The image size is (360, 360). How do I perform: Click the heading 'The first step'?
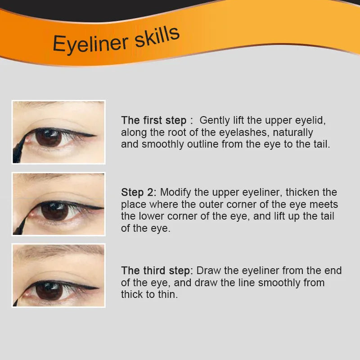pos(153,121)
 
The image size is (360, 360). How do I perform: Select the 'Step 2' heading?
pos(138,193)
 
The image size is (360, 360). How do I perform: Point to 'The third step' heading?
pos(157,271)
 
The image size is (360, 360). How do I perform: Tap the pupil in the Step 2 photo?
pos(54,211)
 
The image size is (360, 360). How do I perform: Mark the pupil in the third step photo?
pos(49,291)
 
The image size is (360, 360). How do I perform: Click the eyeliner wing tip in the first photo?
pos(95,135)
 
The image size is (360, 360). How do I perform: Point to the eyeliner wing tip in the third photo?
pos(98,288)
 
